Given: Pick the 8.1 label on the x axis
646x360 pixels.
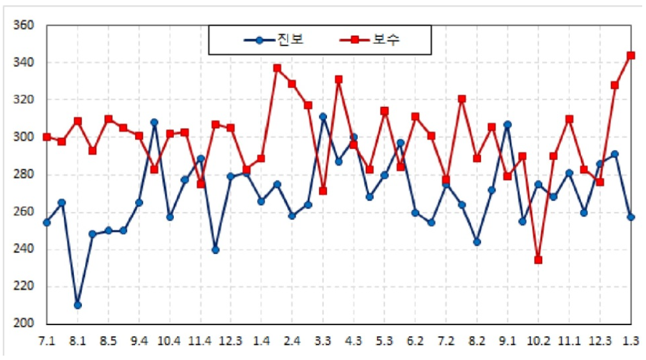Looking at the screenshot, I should click(x=78, y=342).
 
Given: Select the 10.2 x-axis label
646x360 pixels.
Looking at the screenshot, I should click(x=538, y=342).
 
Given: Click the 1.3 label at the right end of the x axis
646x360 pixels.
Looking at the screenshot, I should click(x=630, y=342).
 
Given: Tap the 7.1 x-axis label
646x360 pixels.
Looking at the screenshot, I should click(x=47, y=342).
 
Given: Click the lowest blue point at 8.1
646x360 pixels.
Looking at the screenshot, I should click(x=78, y=305).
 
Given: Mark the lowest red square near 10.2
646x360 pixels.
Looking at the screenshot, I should click(x=538, y=259).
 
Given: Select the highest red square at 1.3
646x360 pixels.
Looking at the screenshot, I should click(x=630, y=56).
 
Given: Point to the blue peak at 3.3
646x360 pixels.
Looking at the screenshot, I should click(x=323, y=117).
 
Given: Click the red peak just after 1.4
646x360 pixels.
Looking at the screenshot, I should click(x=277, y=67).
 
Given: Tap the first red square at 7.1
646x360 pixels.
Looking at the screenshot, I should click(x=47, y=137).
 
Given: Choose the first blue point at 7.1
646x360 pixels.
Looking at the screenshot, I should click(x=47, y=222).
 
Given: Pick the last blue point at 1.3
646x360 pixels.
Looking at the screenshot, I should click(x=630, y=217).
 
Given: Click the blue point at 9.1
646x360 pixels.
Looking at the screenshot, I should click(x=507, y=124).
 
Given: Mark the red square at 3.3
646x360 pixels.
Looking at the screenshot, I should click(x=323, y=191).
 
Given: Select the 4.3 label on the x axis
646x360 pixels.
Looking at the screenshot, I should click(x=353, y=342).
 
